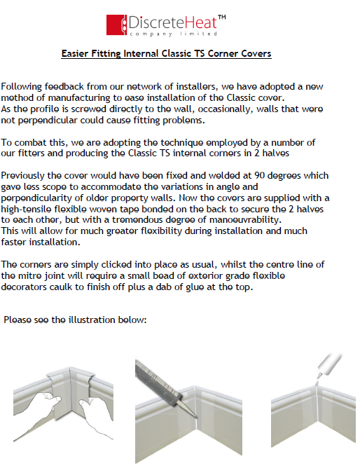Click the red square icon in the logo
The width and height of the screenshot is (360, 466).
coord(116,24)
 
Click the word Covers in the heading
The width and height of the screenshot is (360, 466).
coord(255,53)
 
